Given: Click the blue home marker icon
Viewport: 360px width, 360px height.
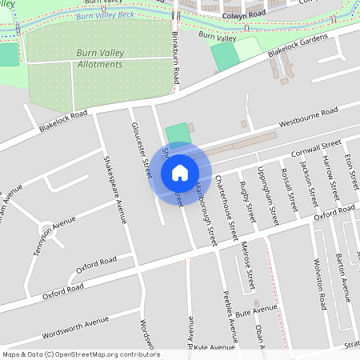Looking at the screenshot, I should click(x=179, y=172).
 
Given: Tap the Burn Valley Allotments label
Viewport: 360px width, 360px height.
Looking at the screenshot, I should click(x=100, y=58).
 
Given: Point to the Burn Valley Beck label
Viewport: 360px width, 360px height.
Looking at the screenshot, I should click(x=105, y=14).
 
